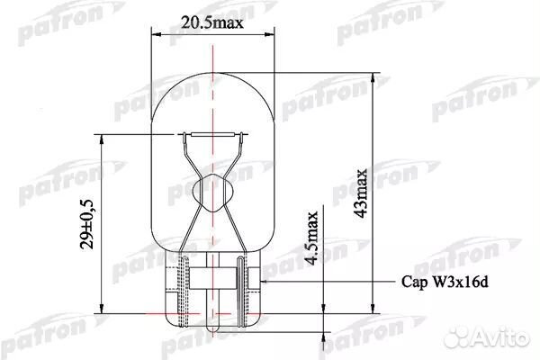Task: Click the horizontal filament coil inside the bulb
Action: tap(213, 135)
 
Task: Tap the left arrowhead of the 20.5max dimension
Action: tap(155, 35)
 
